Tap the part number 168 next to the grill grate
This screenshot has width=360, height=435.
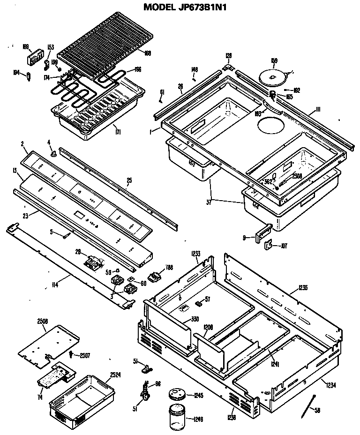[x=148, y=53]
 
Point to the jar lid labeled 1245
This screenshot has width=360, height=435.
[x=178, y=395]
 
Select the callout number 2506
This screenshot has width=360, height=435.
[x=43, y=321]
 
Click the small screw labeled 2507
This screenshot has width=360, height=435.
[x=71, y=354]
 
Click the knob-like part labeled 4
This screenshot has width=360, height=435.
[x=54, y=152]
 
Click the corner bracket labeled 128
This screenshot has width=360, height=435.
[x=228, y=67]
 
